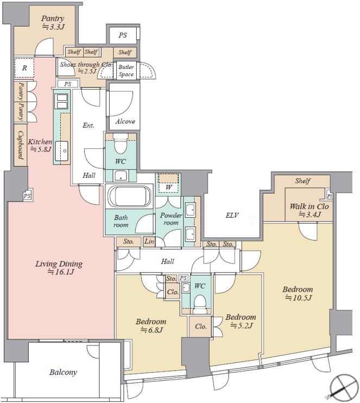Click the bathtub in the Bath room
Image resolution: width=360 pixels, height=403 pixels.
129,196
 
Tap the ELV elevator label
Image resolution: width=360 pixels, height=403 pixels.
232,215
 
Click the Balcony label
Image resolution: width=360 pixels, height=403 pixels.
63,372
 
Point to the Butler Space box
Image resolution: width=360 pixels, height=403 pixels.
126,70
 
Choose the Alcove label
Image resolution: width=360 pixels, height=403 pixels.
125,121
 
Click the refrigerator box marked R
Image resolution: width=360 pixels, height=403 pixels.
24,68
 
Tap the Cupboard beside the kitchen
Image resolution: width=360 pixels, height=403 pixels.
21,145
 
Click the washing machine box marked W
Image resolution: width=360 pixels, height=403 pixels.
168,182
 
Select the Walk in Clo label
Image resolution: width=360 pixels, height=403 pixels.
310,210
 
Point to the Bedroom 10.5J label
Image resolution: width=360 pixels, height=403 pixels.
298,293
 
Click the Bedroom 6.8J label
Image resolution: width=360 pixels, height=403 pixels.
151,326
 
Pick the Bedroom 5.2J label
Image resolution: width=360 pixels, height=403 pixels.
241,322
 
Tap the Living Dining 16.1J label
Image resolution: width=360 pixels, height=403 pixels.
59,268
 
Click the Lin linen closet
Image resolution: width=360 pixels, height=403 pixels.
149,241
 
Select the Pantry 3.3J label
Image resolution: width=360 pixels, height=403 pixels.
53,22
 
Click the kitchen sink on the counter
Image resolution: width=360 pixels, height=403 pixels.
61,151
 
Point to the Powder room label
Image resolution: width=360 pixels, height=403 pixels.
171,219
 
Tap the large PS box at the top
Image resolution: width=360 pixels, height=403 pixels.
123,35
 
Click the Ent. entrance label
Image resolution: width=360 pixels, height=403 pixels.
89,125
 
